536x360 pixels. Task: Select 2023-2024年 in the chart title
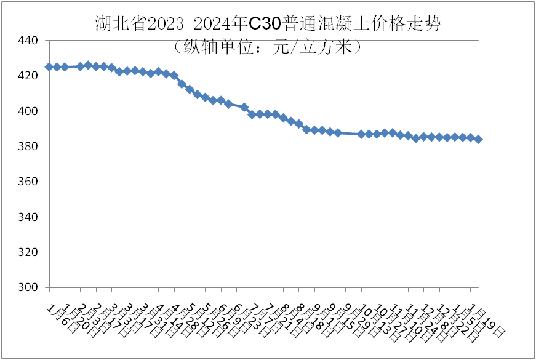198,23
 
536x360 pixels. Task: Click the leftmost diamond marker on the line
49,66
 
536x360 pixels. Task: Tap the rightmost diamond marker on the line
478,139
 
